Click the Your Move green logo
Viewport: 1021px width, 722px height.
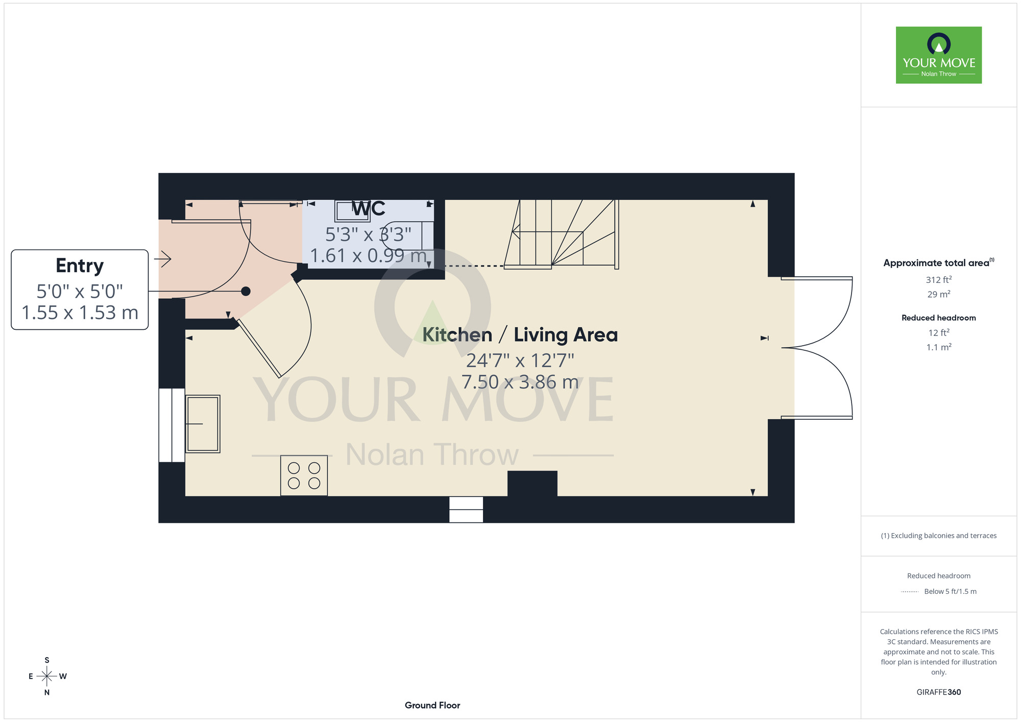point(938,55)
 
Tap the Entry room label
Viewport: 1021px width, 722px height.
point(80,266)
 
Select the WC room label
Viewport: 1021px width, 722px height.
point(369,208)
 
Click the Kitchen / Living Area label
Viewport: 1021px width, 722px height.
point(520,335)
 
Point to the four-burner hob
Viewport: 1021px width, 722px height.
point(304,475)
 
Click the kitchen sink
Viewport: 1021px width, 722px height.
point(203,424)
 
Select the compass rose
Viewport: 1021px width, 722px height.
point(47,676)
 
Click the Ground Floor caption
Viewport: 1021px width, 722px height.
point(432,705)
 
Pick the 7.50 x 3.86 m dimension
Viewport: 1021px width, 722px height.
point(520,382)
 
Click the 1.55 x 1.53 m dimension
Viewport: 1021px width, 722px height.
point(80,312)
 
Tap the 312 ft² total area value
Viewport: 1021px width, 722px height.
point(939,279)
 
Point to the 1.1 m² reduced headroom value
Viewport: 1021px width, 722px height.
point(939,347)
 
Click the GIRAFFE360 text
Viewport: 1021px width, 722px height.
point(939,692)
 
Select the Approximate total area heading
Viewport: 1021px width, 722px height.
point(939,262)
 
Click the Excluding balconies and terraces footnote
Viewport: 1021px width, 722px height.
point(939,536)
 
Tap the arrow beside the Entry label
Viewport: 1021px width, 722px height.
point(162,259)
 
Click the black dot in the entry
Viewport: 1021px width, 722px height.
point(246,291)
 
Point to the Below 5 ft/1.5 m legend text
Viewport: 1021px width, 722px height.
point(950,591)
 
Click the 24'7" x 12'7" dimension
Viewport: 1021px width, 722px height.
point(520,360)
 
